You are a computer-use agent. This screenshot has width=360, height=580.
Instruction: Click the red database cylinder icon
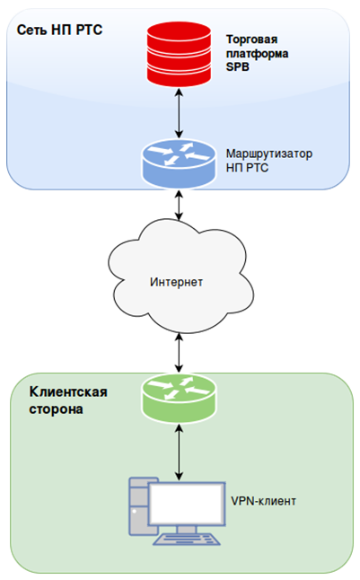[179, 54]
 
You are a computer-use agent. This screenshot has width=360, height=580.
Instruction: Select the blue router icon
[179, 163]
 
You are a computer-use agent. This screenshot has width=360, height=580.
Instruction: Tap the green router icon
[179, 398]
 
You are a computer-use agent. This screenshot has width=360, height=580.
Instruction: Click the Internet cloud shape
[180, 277]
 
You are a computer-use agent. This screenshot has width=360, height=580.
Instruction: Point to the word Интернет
[176, 282]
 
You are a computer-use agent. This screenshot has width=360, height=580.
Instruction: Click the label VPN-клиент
[263, 501]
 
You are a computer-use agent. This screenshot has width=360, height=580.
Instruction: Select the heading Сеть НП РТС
[59, 30]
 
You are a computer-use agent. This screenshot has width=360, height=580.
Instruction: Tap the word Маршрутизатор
[269, 154]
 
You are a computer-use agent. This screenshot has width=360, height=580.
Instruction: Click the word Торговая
[252, 40]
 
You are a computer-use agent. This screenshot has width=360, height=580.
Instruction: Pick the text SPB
[238, 67]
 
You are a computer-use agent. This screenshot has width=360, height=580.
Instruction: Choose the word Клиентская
[68, 391]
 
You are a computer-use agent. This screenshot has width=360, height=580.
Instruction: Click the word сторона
[57, 409]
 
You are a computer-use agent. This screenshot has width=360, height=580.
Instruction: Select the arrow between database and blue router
[179, 113]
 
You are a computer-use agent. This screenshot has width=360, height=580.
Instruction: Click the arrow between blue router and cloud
[179, 205]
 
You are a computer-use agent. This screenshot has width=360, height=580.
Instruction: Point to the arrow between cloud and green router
[179, 353]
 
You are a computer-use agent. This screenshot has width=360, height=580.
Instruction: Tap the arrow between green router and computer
[179, 452]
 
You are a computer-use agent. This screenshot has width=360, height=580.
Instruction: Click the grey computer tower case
[138, 506]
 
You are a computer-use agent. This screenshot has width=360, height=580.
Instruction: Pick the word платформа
[257, 53]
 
